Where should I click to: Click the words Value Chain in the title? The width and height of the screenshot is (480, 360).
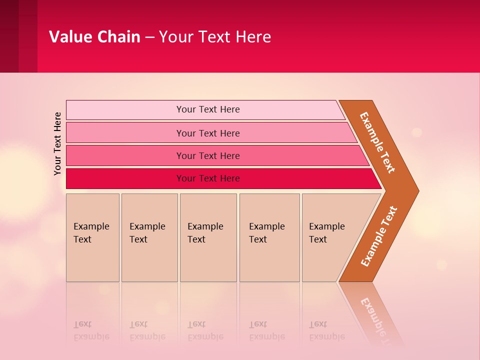click(94, 36)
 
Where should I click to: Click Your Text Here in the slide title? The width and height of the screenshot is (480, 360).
click(215, 36)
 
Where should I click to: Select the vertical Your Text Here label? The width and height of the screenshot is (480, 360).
click(57, 143)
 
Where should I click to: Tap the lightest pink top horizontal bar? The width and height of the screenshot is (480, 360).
click(207, 109)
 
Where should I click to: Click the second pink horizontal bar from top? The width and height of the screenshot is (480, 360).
click(207, 133)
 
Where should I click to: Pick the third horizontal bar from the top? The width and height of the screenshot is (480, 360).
click(207, 155)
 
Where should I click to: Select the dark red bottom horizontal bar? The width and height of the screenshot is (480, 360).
click(207, 178)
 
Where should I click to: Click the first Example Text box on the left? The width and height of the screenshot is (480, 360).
click(92, 237)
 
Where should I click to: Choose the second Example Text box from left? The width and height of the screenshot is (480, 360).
click(149, 237)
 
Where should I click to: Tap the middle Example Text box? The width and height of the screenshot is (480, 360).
click(208, 237)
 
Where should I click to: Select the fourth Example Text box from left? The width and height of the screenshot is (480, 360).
click(269, 237)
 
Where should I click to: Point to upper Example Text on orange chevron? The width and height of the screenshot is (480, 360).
click(377, 142)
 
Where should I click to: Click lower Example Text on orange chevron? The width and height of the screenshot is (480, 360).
click(379, 236)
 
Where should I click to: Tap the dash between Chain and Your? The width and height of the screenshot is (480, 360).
click(149, 37)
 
